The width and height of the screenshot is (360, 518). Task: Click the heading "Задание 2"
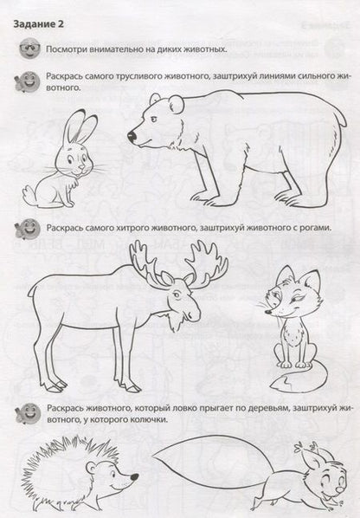point(38,24)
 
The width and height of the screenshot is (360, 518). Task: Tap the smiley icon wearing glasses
point(29,49)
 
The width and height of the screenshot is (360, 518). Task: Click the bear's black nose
point(132,136)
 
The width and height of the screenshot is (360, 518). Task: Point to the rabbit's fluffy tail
point(29,195)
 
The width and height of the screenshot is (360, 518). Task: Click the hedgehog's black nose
point(134,477)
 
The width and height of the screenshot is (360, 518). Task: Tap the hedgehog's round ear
point(91,467)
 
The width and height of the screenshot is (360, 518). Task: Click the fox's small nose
point(269,311)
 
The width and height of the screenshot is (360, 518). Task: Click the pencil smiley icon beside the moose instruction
point(28,229)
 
